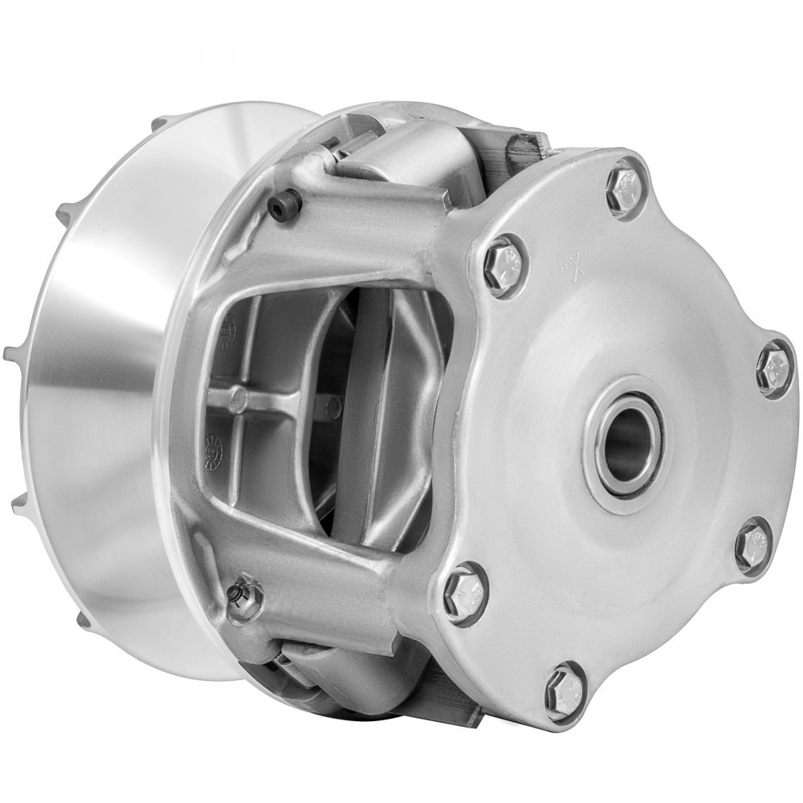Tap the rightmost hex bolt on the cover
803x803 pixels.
[x=774, y=368]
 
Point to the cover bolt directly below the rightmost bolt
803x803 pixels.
[x=752, y=543]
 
